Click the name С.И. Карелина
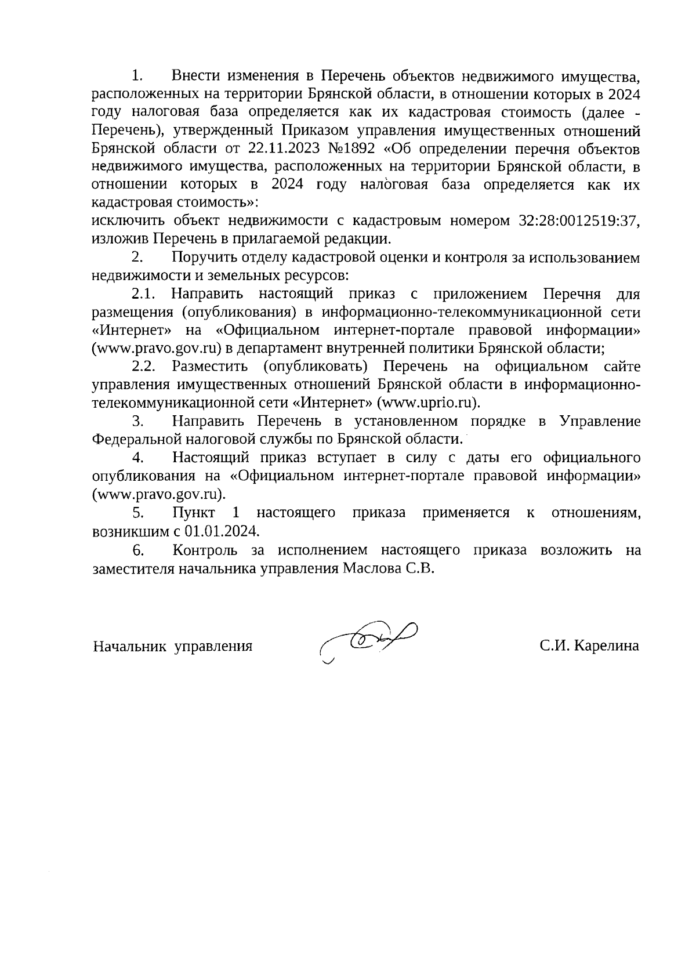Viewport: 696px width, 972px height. [x=589, y=645]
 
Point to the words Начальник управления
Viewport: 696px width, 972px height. [x=173, y=646]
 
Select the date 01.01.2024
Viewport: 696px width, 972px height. [x=222, y=531]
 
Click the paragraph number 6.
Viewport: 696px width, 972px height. [x=137, y=550]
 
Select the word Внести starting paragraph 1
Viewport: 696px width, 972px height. [x=195, y=76]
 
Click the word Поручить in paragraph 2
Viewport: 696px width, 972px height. [x=201, y=257]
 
